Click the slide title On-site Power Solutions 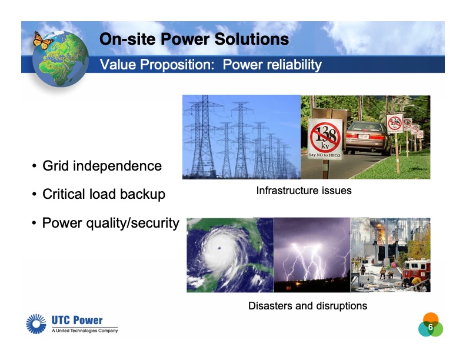tap(194, 39)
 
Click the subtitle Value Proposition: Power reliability tap(211, 65)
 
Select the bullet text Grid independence tap(102, 166)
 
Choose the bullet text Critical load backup tap(104, 194)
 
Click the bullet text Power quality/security tap(110, 223)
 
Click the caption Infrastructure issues tap(304, 191)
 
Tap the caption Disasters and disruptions tap(307, 306)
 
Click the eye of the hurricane tap(219, 249)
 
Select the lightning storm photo tap(312, 254)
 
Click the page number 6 tap(430, 327)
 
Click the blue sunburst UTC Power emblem tap(36, 324)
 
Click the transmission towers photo tap(241, 137)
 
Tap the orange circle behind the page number tap(431, 318)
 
